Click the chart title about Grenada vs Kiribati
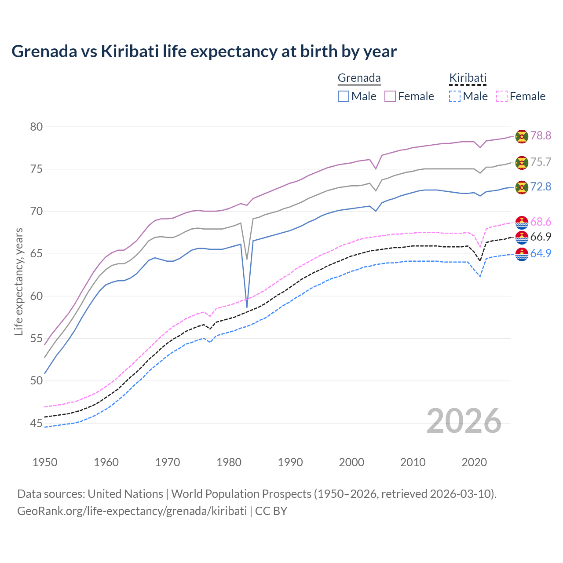click(204, 51)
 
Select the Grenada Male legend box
click(344, 96)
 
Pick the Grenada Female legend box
click(390, 96)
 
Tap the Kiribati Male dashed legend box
click(455, 96)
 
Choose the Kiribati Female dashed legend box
click(502, 96)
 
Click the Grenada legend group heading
click(359, 78)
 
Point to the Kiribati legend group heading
click(468, 78)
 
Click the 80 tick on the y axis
click(37, 127)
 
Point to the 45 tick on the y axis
click(37, 424)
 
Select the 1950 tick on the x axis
click(45, 462)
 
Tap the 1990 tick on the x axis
click(290, 462)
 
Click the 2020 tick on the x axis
click(474, 462)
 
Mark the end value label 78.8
click(541, 136)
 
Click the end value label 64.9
click(541, 254)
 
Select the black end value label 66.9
click(541, 237)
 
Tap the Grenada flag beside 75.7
click(522, 163)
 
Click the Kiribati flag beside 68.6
click(522, 223)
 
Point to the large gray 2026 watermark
click(464, 421)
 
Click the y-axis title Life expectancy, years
click(18, 281)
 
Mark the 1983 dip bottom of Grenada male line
click(247, 307)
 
